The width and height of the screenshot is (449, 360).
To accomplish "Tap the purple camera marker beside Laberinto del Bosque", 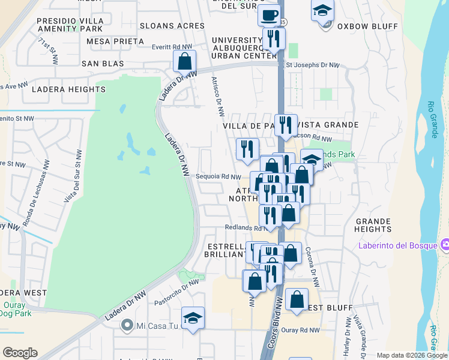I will pyautogui.click(x=444, y=245).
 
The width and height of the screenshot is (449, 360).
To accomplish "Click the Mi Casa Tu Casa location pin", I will pyautogui.click(x=126, y=325).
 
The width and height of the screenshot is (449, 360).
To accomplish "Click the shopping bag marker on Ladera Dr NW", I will pyautogui.click(x=184, y=61).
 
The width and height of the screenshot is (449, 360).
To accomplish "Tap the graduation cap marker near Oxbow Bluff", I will pyautogui.click(x=322, y=11).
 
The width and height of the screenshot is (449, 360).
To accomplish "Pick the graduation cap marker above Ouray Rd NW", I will pyautogui.click(x=193, y=318).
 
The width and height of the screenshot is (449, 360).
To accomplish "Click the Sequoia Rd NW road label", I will pyautogui.click(x=218, y=176).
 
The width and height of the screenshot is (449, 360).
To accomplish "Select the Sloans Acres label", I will pyautogui.click(x=172, y=26).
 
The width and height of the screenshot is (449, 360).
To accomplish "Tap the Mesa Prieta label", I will pyautogui.click(x=115, y=41).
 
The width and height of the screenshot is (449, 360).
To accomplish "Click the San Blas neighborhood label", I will pyautogui.click(x=103, y=63).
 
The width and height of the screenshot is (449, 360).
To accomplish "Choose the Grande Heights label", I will pyautogui.click(x=373, y=225).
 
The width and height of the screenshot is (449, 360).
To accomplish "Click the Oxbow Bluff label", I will pyautogui.click(x=359, y=26).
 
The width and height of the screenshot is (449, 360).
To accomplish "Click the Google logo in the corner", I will pyautogui.click(x=20, y=353).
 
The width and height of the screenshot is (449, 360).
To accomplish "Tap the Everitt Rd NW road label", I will pyautogui.click(x=172, y=46).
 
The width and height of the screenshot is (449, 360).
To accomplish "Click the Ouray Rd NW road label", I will pyautogui.click(x=301, y=331).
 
